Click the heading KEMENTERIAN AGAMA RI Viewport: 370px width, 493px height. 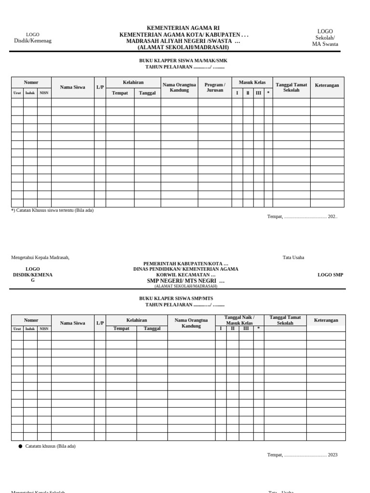point(183,28)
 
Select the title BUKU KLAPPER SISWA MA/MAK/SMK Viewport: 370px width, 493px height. point(183,61)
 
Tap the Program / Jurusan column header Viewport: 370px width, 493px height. point(215,87)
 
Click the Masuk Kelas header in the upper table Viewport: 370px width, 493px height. point(252,82)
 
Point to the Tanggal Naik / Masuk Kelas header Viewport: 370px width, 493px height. point(239,320)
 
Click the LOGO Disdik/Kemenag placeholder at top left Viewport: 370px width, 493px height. point(33,38)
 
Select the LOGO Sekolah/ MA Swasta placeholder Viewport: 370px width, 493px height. point(325,38)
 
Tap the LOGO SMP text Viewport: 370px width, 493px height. point(330,275)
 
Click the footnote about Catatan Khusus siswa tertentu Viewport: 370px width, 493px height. point(53,210)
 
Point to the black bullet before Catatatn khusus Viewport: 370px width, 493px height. point(20,446)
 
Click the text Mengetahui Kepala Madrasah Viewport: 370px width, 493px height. point(40,258)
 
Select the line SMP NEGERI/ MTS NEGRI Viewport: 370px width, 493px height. point(185,281)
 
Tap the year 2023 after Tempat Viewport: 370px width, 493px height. point(332,455)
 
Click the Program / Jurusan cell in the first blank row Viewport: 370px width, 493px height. point(215,103)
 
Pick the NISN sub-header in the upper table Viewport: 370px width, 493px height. point(44,93)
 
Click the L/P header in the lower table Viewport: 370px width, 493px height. point(100,323)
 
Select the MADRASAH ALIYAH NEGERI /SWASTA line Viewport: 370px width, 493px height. point(183,41)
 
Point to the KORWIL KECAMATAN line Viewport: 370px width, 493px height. point(185,275)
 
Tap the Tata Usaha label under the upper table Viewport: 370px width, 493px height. point(293,258)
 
